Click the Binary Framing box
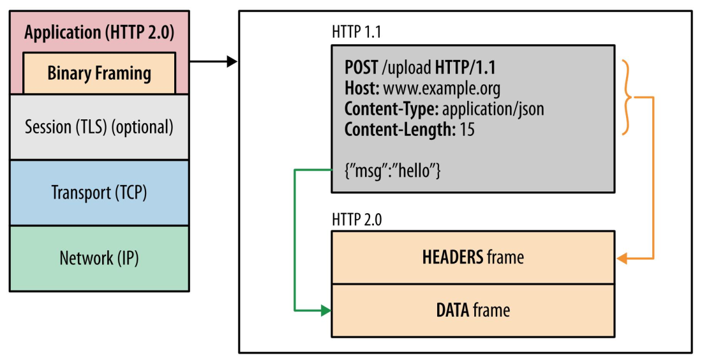[x=99, y=73]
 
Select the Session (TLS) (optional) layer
[x=99, y=127]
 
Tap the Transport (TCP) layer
[x=99, y=192]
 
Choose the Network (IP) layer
[x=99, y=259]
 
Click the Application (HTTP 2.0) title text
[x=99, y=33]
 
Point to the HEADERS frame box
[x=473, y=257]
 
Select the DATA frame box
[x=473, y=311]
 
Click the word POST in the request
[x=361, y=67]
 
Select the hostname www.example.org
[x=442, y=88]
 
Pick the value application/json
[x=493, y=109]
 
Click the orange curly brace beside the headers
[x=629, y=98]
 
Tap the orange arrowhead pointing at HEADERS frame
[x=622, y=259]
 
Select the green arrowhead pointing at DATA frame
[x=325, y=311]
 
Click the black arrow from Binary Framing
[x=214, y=62]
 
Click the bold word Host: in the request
[x=362, y=88]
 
